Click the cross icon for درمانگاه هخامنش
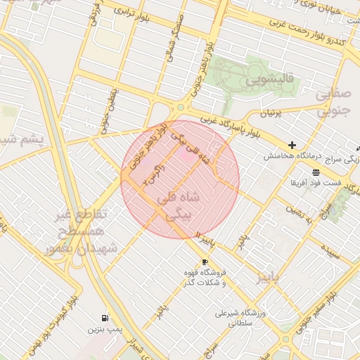click(x=292, y=145)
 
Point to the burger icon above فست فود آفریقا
click(x=316, y=172)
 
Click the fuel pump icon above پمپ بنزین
click(x=105, y=318)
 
